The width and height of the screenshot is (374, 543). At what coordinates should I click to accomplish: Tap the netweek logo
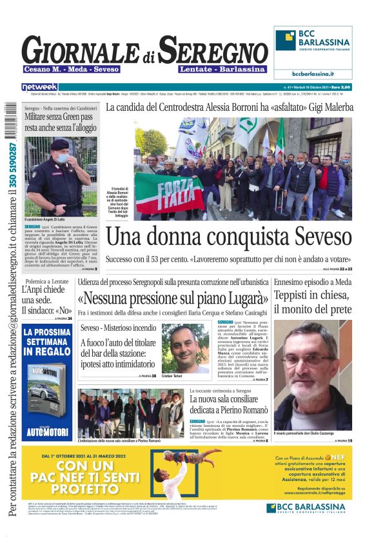coord(39,86)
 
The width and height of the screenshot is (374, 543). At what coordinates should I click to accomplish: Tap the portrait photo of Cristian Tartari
coord(186,348)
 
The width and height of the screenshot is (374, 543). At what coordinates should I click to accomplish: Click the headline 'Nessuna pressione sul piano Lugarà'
coord(173,299)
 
